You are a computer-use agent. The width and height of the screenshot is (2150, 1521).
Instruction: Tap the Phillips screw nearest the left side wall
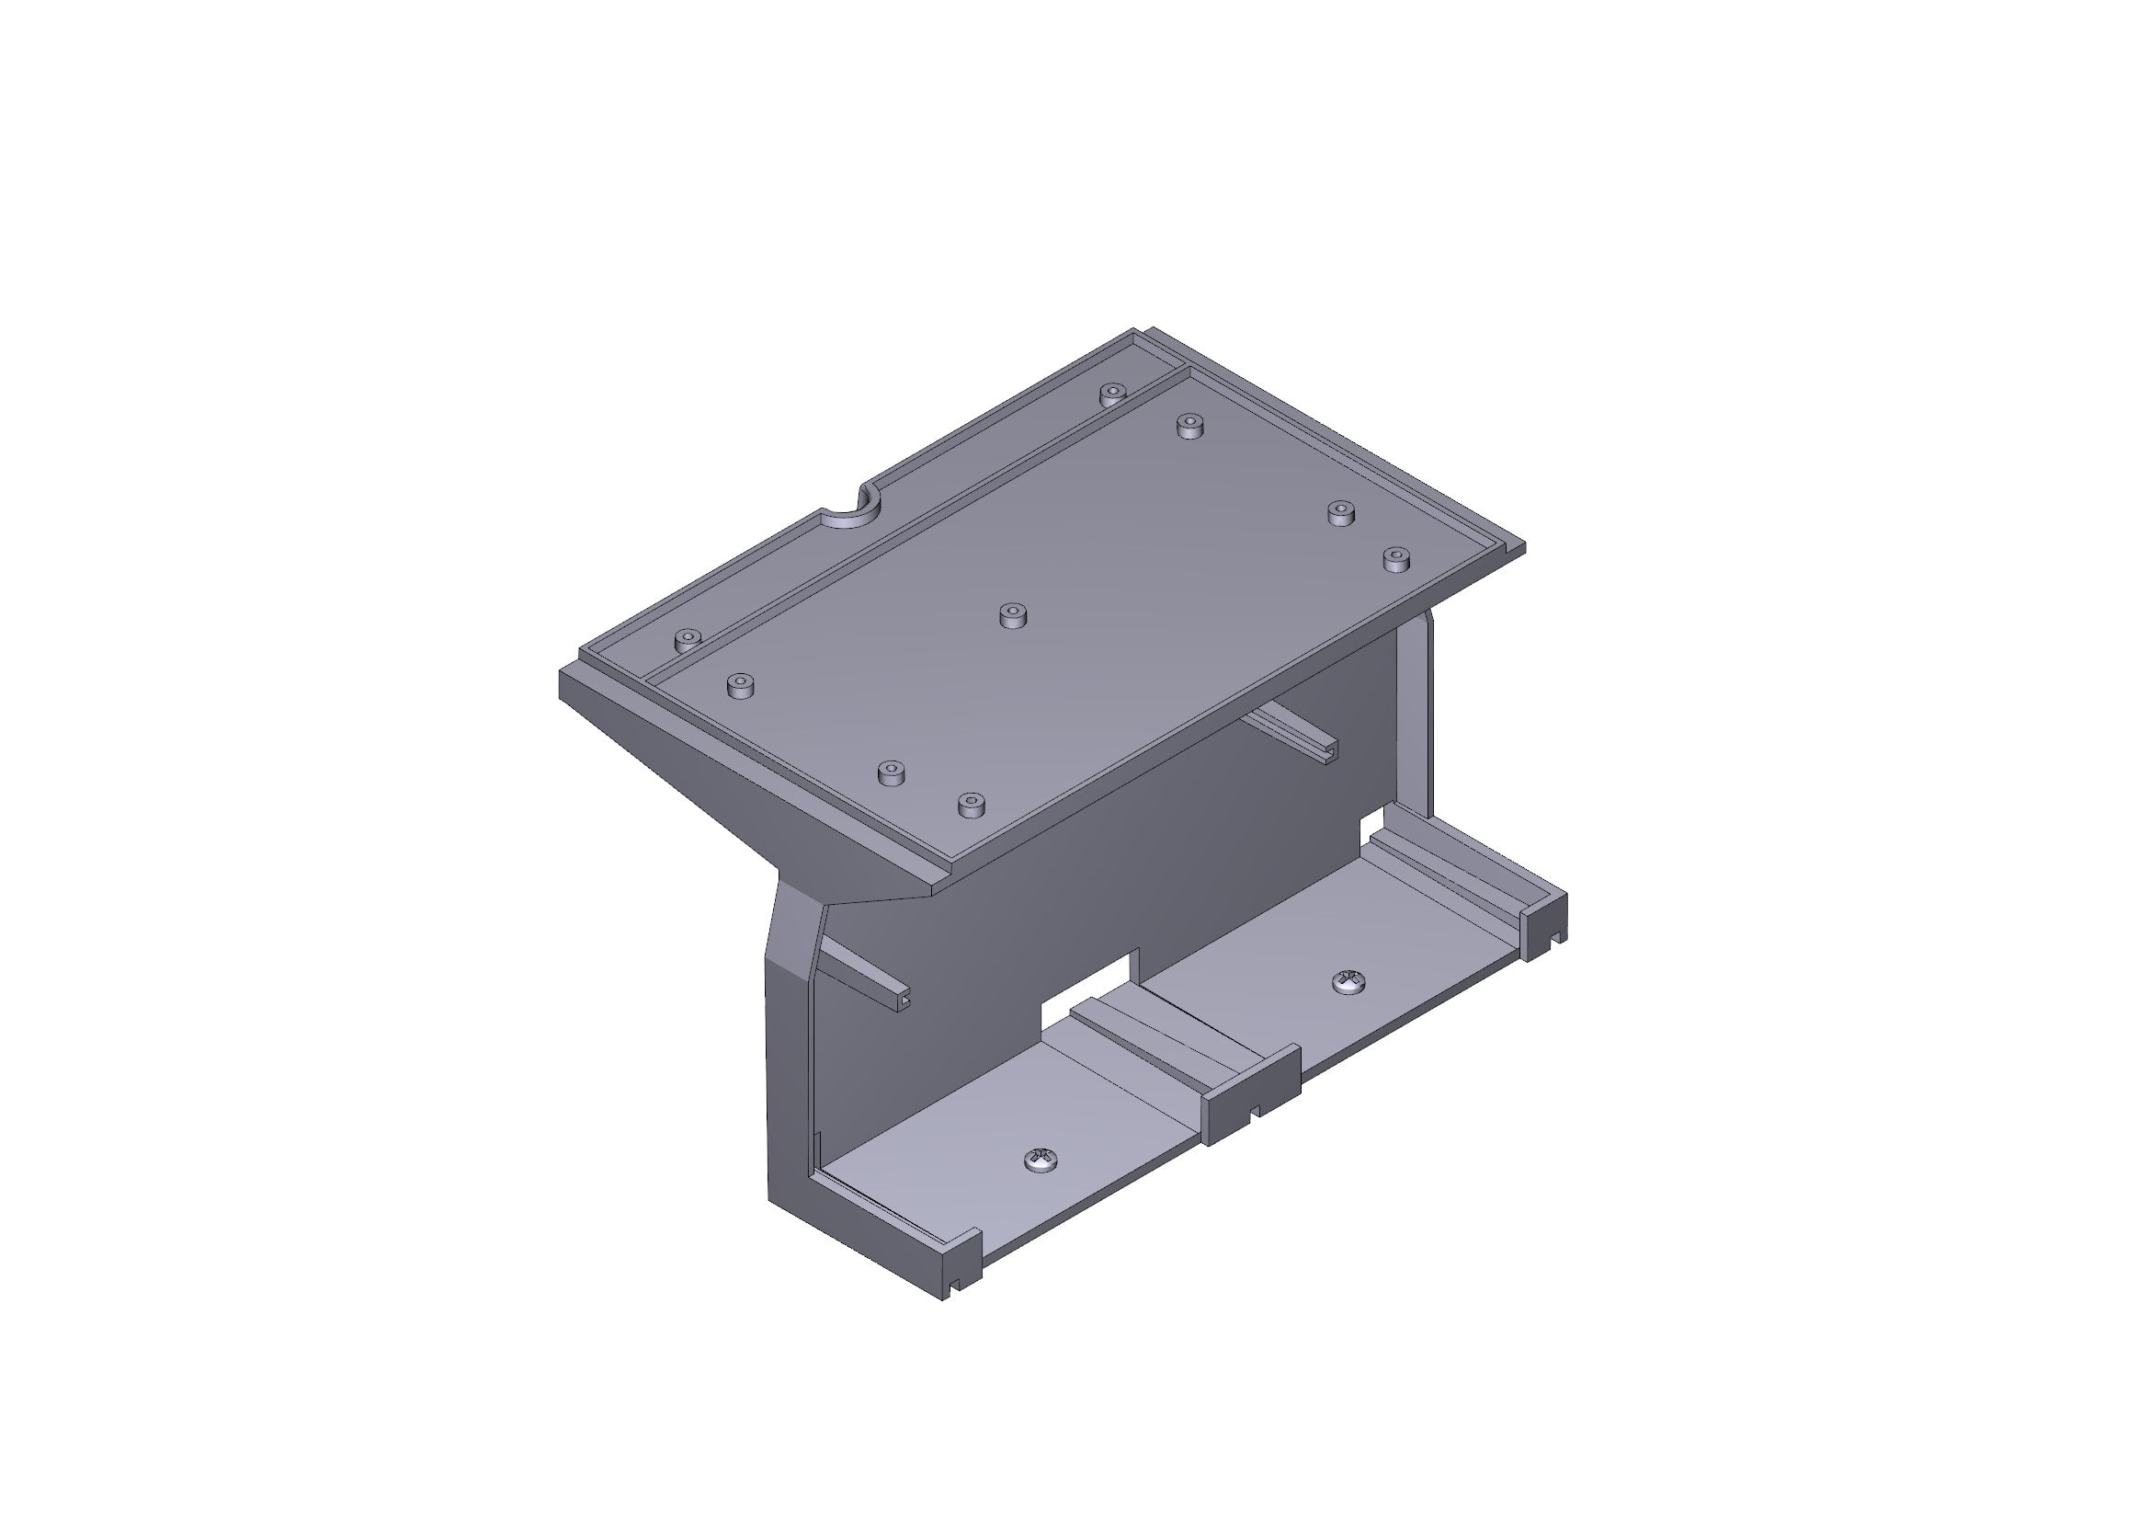click(x=1041, y=1161)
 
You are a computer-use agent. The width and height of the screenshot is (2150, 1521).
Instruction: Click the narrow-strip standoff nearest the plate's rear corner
click(x=1111, y=394)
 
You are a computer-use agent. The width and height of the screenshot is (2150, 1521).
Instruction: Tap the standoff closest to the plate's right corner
click(x=1396, y=558)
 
